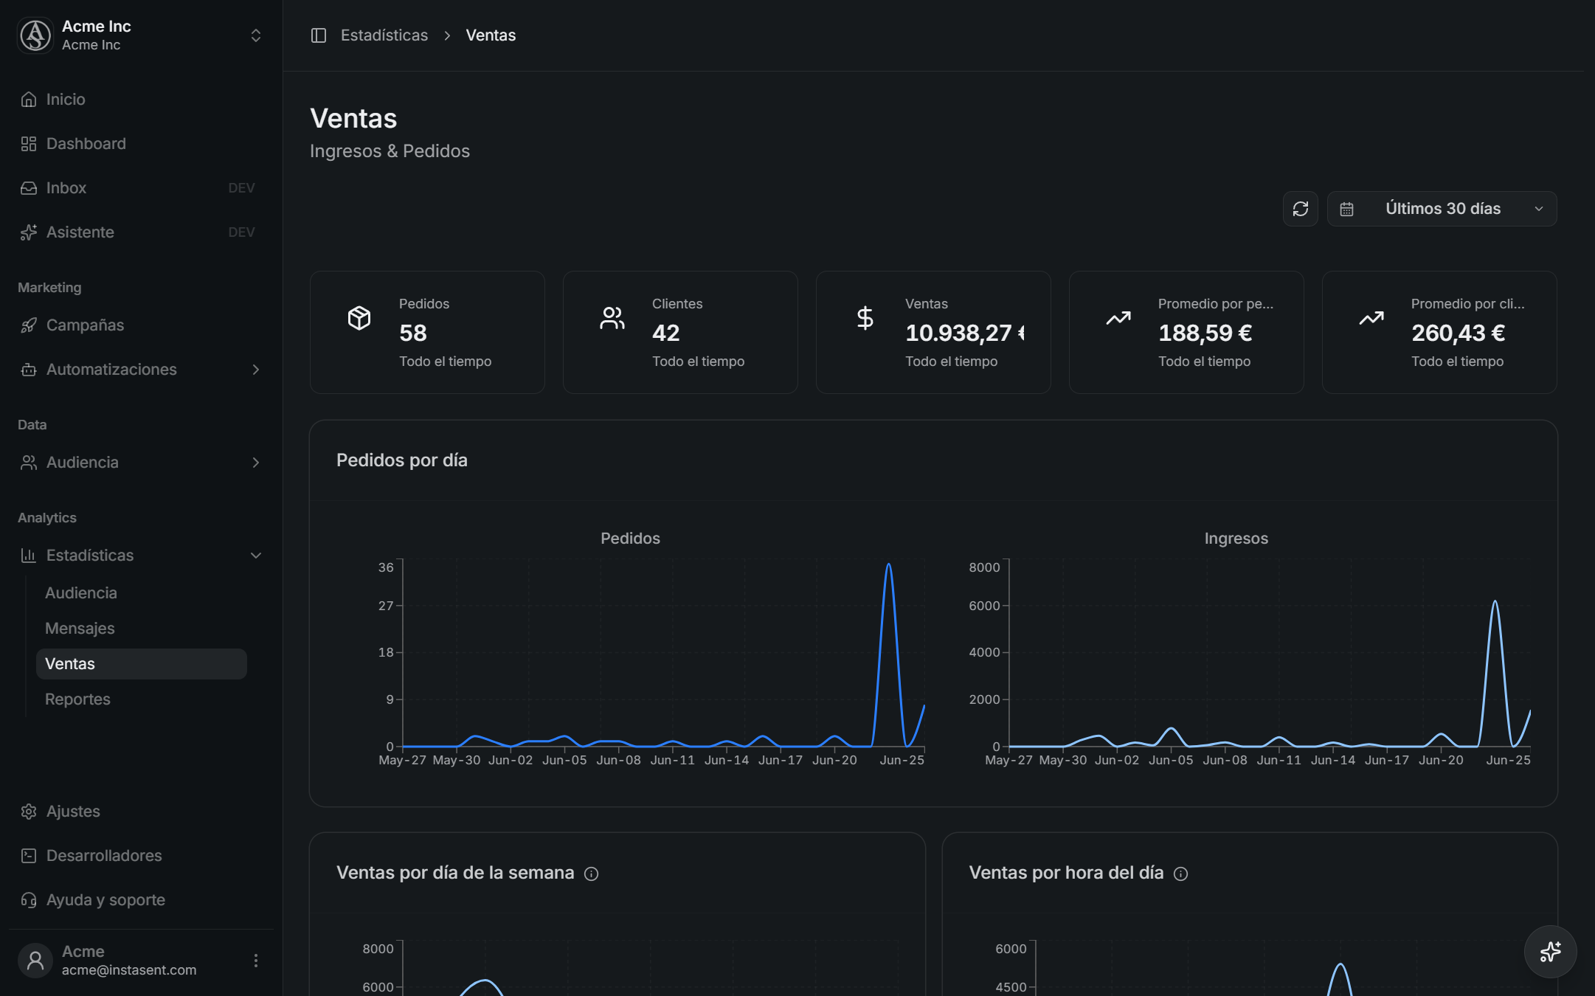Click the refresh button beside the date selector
coord(1300,209)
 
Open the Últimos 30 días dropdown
coord(1442,209)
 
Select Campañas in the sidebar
coord(85,325)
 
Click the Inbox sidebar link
coord(66,188)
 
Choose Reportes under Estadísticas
coord(77,699)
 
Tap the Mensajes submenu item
coord(80,629)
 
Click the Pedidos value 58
coord(413,333)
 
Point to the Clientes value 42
coord(665,333)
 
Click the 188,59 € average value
coord(1205,333)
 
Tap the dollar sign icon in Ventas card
coord(865,318)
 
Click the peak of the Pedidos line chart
coord(888,564)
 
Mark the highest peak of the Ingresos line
coord(1495,601)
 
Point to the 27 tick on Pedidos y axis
coord(386,606)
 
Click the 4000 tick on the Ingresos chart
coord(984,653)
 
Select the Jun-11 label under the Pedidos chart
coord(672,760)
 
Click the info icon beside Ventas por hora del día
coord(1180,874)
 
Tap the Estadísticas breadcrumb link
coord(384,35)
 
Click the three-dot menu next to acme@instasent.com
coord(255,961)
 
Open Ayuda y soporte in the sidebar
coord(105,900)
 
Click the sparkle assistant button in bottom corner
coord(1550,952)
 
